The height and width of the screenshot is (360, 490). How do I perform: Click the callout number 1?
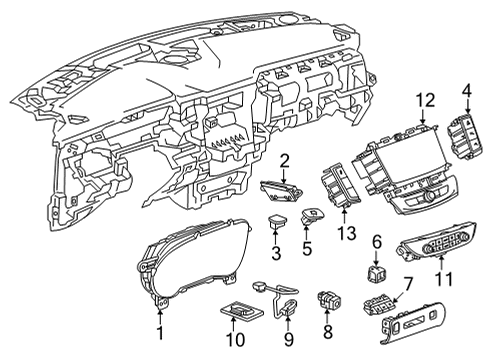[159, 328]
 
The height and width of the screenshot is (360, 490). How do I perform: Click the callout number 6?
[377, 241]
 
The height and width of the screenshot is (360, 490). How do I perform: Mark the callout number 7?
[408, 286]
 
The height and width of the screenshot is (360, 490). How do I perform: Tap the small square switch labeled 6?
[378, 272]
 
